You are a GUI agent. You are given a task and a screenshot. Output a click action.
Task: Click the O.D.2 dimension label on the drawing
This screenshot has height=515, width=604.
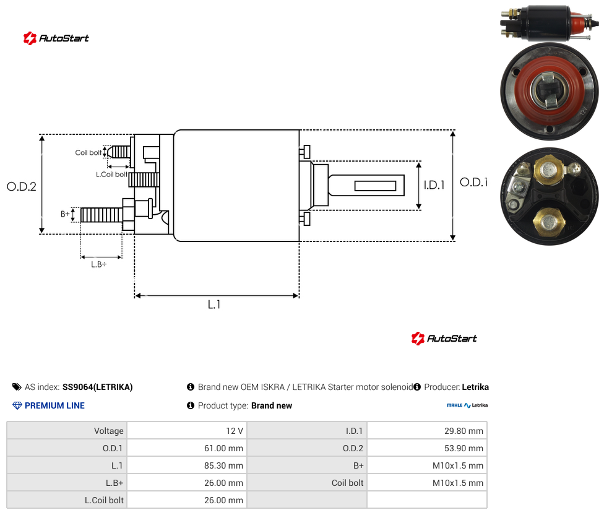tap(22, 186)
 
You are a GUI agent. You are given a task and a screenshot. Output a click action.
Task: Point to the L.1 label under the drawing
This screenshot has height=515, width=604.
tap(214, 305)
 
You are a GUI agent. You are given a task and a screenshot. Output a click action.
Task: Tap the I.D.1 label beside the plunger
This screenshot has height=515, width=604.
tap(434, 185)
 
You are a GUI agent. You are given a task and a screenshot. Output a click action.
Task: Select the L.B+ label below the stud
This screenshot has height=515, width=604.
tap(98, 264)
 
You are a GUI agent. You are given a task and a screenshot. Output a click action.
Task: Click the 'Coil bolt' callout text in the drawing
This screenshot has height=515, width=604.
tap(88, 152)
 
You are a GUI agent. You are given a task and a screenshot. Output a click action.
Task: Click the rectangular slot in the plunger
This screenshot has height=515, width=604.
tap(375, 186)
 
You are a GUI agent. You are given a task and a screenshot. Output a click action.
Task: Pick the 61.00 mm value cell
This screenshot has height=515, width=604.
tap(223, 448)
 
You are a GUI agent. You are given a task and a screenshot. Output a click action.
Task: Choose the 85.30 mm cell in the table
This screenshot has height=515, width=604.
tap(223, 465)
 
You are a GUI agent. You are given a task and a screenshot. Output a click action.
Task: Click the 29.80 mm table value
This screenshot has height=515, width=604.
tap(464, 431)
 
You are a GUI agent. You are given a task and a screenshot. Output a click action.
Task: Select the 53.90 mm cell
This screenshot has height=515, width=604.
tap(464, 448)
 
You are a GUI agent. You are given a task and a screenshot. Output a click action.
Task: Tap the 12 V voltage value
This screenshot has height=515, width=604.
tap(235, 431)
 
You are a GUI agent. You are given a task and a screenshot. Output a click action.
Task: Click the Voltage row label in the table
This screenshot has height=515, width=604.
tap(109, 431)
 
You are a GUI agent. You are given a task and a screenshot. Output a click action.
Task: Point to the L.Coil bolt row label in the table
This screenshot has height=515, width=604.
tap(104, 500)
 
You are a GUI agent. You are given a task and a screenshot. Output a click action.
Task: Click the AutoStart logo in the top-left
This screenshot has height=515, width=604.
tap(56, 38)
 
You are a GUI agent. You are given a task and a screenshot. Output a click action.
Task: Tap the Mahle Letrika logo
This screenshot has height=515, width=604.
tap(467, 405)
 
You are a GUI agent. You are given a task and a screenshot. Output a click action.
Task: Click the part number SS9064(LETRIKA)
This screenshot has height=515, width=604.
tap(97, 387)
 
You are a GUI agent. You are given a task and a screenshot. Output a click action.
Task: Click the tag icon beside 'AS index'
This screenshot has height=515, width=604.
tap(17, 387)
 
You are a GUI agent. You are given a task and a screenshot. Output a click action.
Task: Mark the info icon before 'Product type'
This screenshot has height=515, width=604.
tap(190, 405)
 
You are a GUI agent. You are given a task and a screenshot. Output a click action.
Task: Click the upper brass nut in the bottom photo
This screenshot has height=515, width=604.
tap(548, 170)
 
